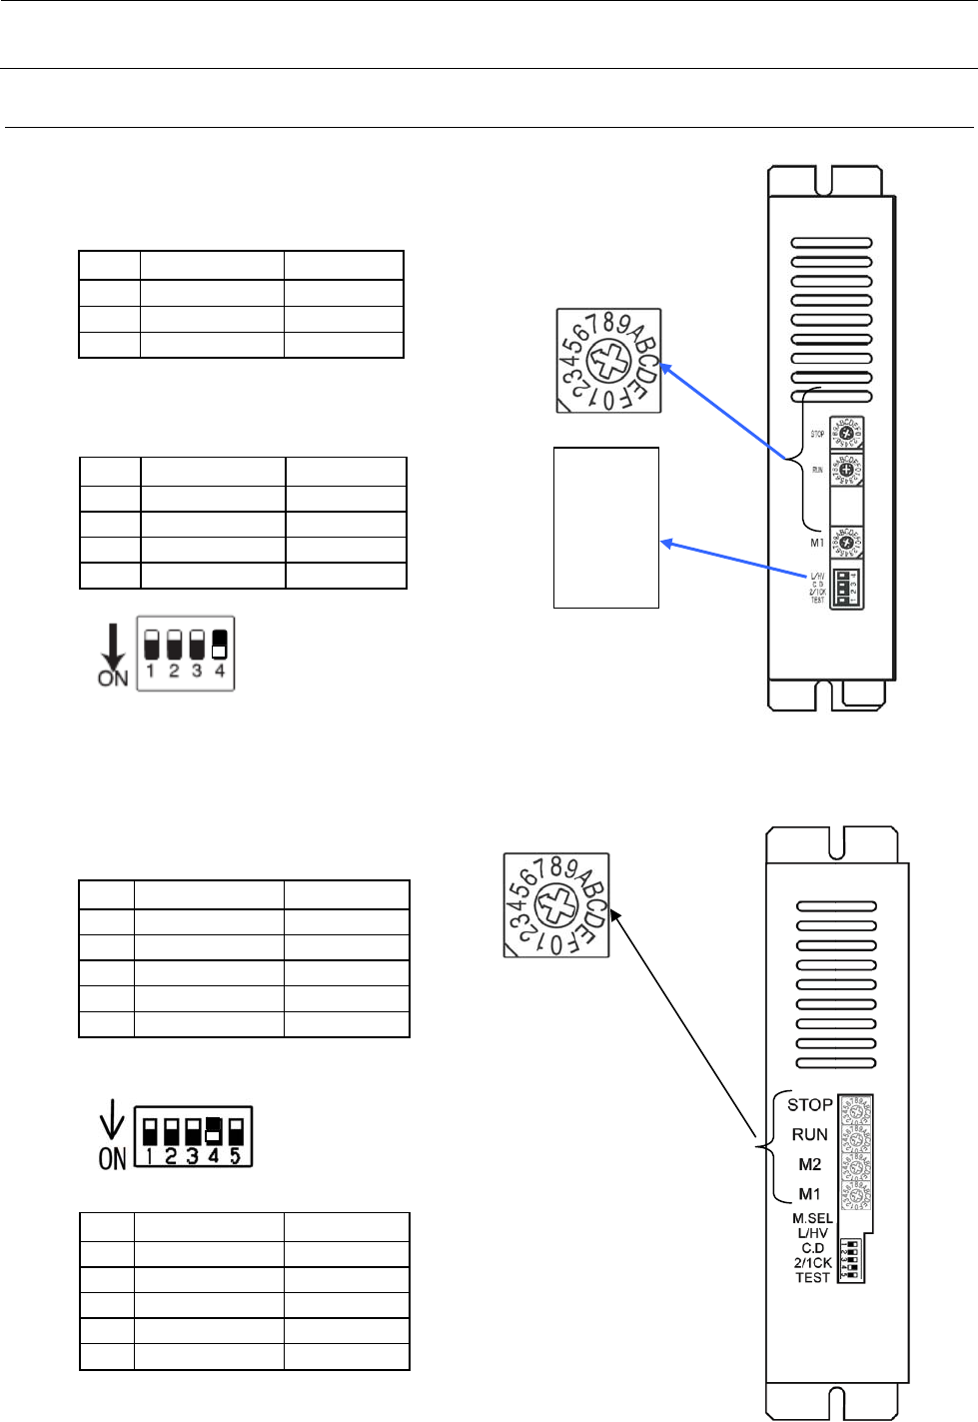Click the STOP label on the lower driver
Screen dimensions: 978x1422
click(809, 1104)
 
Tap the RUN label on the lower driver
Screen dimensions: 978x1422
click(810, 1134)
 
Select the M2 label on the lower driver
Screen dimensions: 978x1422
click(810, 1165)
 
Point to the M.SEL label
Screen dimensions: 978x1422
click(812, 1218)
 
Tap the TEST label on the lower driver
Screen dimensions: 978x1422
click(812, 1277)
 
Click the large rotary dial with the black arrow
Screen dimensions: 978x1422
click(556, 905)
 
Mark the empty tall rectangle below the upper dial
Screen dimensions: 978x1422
click(606, 527)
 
